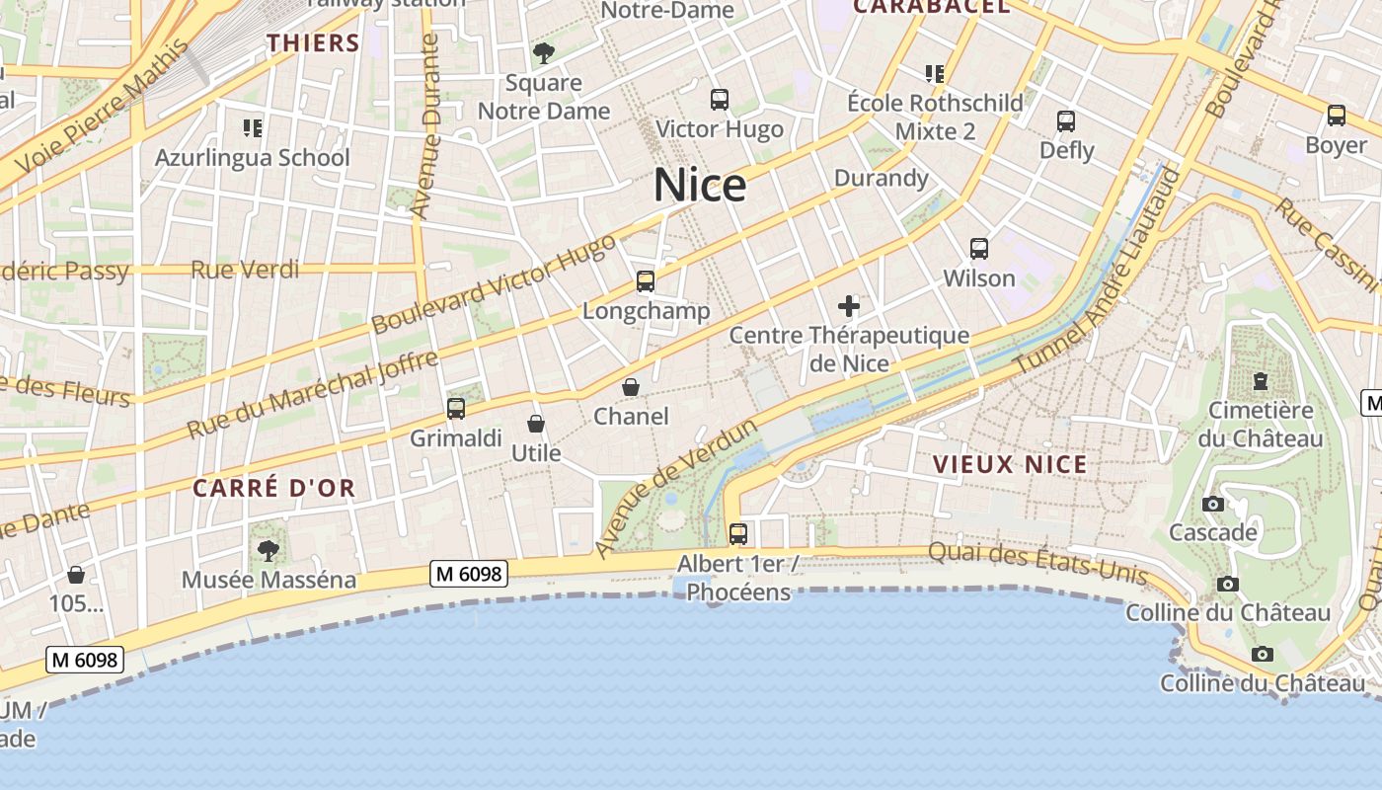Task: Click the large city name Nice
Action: click(700, 186)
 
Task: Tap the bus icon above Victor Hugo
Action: click(720, 100)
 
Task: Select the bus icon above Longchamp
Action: click(646, 281)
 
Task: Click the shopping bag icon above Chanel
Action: click(631, 387)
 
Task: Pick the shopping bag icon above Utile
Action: click(536, 424)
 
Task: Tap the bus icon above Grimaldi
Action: click(456, 408)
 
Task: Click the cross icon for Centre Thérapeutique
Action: click(849, 306)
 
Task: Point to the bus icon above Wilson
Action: click(979, 249)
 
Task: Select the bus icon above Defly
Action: click(1066, 121)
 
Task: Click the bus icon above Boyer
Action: click(1337, 116)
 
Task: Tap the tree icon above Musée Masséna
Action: click(268, 550)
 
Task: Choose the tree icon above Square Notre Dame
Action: click(543, 53)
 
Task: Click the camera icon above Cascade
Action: click(1213, 504)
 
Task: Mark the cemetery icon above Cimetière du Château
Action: click(1260, 380)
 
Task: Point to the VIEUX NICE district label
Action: click(1010, 464)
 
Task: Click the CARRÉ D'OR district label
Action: click(273, 488)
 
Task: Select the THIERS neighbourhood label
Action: click(313, 42)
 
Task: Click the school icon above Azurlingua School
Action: click(253, 127)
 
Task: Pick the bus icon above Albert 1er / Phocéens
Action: click(738, 534)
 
